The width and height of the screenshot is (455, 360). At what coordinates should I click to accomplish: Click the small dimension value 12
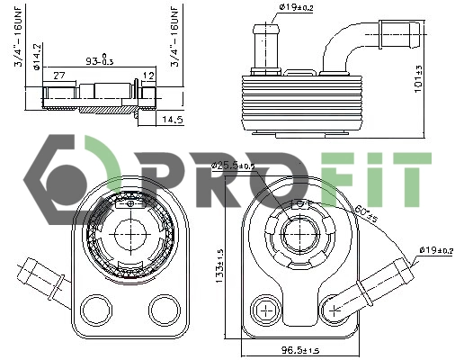tap(149, 76)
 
